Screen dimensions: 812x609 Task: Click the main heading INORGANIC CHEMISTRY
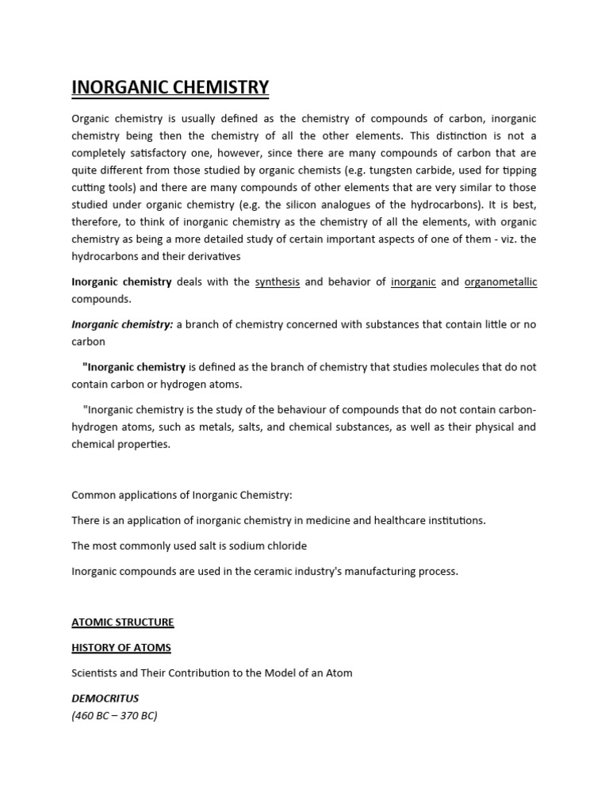point(170,87)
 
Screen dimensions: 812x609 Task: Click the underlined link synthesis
point(277,282)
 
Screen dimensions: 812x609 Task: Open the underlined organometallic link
point(500,282)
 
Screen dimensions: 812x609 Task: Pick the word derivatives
point(229,257)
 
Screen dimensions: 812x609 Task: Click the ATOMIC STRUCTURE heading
point(123,622)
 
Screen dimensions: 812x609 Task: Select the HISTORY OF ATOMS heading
point(121,648)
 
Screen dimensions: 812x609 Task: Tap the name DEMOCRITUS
point(105,699)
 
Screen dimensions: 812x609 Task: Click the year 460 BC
point(94,715)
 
